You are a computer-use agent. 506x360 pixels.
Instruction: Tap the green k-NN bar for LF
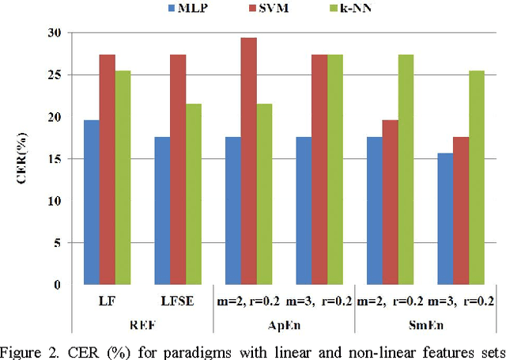(x=123, y=178)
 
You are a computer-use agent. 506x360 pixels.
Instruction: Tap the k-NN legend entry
(x=331, y=9)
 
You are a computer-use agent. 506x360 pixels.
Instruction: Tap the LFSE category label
(x=177, y=301)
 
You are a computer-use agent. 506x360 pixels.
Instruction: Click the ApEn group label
(x=284, y=324)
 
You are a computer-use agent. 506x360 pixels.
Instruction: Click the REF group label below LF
(x=142, y=324)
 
